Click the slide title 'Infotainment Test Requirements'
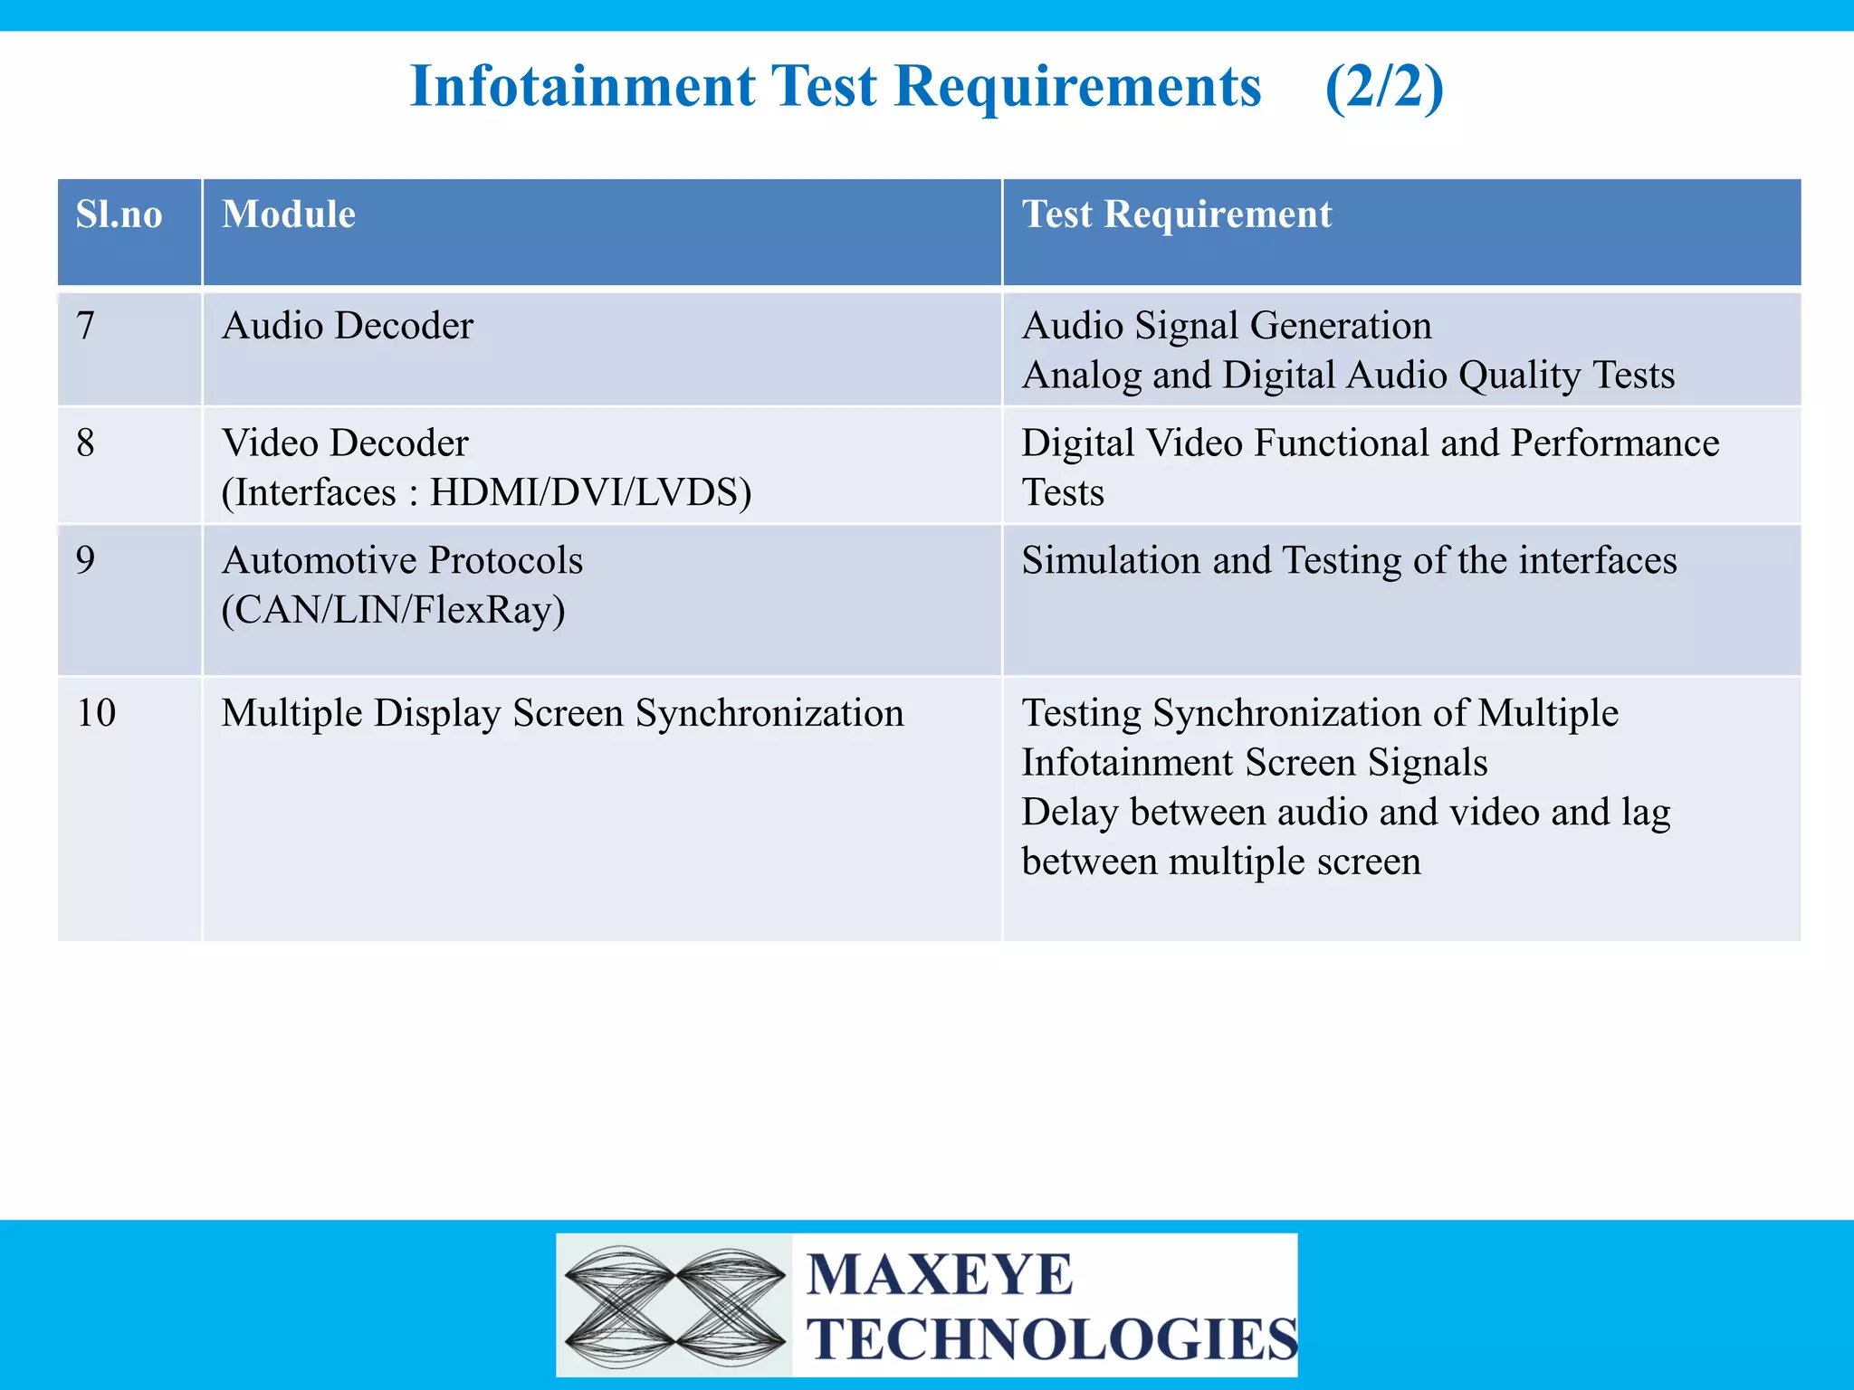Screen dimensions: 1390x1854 click(835, 87)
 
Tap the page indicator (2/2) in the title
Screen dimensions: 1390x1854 click(1383, 87)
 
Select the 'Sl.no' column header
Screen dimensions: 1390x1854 click(119, 215)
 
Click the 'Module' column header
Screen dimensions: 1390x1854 click(289, 215)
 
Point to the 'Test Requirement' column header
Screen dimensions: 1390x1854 click(1177, 215)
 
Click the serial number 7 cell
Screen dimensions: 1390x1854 click(86, 326)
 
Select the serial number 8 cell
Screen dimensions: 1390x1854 click(86, 443)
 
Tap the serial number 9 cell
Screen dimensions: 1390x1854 click(86, 560)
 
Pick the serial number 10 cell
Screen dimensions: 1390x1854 click(96, 713)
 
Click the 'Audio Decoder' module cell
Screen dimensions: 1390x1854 click(348, 326)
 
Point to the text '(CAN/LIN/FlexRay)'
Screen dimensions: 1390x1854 click(394, 610)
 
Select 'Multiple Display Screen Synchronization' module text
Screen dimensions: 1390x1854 click(562, 713)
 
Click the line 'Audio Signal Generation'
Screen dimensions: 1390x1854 click(1227, 326)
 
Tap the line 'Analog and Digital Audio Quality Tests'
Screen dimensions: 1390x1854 click(1348, 376)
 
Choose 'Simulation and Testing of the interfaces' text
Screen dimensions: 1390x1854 click(1349, 560)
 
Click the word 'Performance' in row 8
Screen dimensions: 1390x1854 click(1615, 443)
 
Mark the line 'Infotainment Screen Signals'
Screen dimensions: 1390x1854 click(1255, 763)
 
